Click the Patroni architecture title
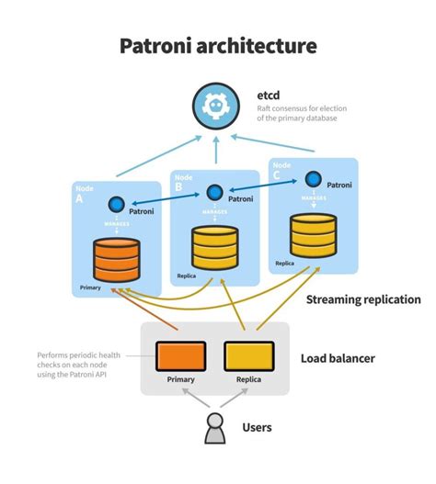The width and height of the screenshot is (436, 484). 218,45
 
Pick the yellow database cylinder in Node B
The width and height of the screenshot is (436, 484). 214,246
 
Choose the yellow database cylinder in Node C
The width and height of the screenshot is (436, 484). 312,235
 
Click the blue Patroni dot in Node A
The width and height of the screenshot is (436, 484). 117,206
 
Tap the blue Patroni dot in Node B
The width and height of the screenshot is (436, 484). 215,193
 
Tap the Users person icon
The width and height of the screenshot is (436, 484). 215,428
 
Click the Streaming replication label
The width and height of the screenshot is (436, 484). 362,299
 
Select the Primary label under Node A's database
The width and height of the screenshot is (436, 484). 91,287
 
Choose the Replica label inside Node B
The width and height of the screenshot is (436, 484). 188,276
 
